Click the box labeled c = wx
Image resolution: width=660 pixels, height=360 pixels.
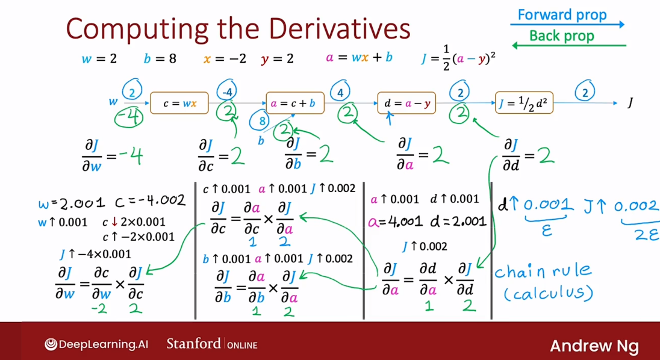pos(179,103)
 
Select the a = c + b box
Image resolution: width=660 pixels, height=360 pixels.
pos(295,103)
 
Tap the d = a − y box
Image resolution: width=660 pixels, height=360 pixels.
pos(406,103)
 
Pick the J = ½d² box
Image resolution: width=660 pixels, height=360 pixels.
pos(524,103)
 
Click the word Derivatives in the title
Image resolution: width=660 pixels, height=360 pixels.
pos(339,29)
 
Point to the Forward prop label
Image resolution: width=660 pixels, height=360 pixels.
pos(562,14)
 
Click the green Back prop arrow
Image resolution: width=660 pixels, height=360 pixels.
pos(569,45)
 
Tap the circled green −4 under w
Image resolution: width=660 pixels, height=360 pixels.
pos(129,116)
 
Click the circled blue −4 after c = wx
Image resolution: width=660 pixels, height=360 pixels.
pos(227,90)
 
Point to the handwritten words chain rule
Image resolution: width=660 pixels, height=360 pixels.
pos(543,272)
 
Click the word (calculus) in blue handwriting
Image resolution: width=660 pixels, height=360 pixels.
pos(549,293)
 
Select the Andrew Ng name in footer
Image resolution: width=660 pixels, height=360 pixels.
pos(594,346)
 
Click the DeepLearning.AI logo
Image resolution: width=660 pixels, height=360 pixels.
pos(96,344)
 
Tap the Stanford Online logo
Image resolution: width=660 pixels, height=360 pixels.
pos(212,344)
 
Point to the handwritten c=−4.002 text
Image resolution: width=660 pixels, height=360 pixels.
pos(150,201)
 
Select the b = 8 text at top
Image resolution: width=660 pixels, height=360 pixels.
pos(160,59)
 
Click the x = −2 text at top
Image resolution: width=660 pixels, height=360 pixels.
pos(225,59)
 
